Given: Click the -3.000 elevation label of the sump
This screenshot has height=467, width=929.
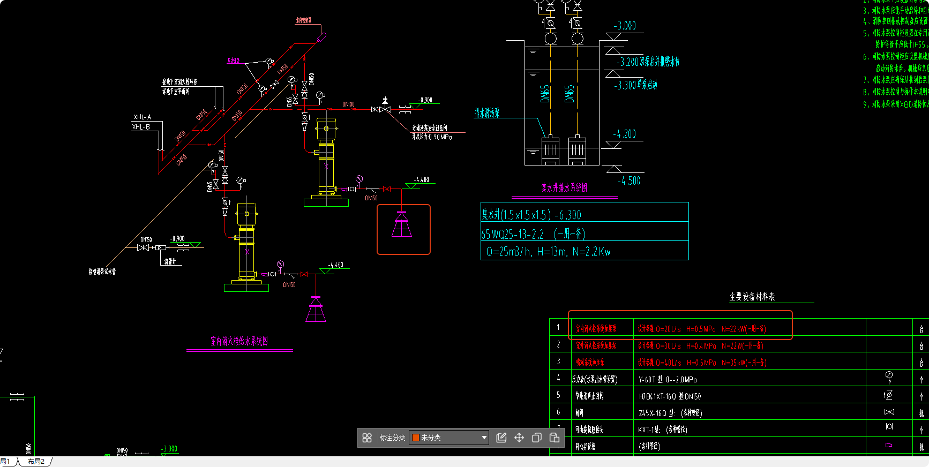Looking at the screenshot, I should pyautogui.click(x=625, y=26).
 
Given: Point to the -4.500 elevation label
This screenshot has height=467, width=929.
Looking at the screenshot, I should pyautogui.click(x=629, y=181).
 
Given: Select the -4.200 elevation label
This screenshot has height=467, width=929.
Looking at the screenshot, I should pyautogui.click(x=625, y=134).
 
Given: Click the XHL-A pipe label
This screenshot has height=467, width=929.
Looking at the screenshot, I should pyautogui.click(x=143, y=117).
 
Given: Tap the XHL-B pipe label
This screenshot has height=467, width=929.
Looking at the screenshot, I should pyautogui.click(x=141, y=127).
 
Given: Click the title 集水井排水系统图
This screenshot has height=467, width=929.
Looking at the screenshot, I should pyautogui.click(x=564, y=187).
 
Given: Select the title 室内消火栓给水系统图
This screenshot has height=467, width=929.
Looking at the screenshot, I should pyautogui.click(x=239, y=341).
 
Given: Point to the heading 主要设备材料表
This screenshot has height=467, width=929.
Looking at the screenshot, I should pyautogui.click(x=752, y=297).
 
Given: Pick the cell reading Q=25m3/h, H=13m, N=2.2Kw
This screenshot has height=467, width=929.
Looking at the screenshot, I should pyautogui.click(x=548, y=252).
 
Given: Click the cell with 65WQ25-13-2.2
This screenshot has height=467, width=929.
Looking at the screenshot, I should pyautogui.click(x=533, y=234).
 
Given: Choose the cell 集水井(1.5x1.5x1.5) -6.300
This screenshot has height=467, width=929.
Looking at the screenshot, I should pyautogui.click(x=531, y=215).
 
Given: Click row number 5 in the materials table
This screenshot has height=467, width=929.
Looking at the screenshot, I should pyautogui.click(x=558, y=395).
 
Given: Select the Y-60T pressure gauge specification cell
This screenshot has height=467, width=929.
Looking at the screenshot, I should pyautogui.click(x=668, y=379).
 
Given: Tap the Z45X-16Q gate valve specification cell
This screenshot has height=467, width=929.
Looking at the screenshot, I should pyautogui.click(x=670, y=413).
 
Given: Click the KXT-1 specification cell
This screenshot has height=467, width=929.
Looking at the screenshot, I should pyautogui.click(x=662, y=430).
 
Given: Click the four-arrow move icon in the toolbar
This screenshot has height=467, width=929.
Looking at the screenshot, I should pyautogui.click(x=519, y=438).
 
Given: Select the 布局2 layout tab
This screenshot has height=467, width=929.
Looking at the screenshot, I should pyautogui.click(x=36, y=462).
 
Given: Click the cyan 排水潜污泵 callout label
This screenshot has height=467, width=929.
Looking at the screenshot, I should pyautogui.click(x=487, y=113).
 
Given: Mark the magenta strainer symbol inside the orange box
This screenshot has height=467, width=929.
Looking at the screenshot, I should pyautogui.click(x=402, y=224).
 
